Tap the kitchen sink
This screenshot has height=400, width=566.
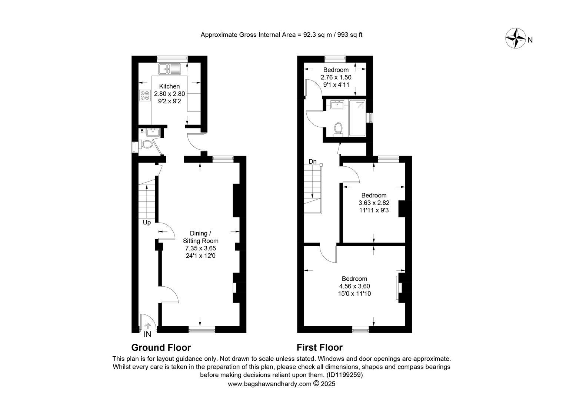(x=170, y=69)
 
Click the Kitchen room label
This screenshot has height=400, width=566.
(x=169, y=86)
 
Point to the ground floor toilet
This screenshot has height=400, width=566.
(x=146, y=145)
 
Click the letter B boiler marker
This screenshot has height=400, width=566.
(x=142, y=131)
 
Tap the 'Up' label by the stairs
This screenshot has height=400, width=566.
(x=147, y=223)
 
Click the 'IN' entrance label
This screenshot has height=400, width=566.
(x=147, y=334)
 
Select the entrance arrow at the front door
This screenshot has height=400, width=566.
(x=147, y=326)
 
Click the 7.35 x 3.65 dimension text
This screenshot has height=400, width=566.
(x=201, y=248)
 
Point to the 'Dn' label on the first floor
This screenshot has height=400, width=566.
(x=313, y=161)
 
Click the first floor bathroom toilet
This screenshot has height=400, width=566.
(x=338, y=129)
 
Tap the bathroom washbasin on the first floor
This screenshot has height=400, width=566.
(x=337, y=104)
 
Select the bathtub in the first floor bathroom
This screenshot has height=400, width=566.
(x=357, y=118)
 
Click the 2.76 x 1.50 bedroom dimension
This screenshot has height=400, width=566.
(x=336, y=77)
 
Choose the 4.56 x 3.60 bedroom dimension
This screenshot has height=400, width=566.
(x=354, y=286)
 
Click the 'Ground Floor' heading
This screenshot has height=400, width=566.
(x=161, y=348)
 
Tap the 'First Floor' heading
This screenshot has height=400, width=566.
(x=320, y=348)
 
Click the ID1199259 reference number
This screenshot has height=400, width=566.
(x=344, y=375)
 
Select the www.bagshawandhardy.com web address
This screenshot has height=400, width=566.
(x=270, y=384)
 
